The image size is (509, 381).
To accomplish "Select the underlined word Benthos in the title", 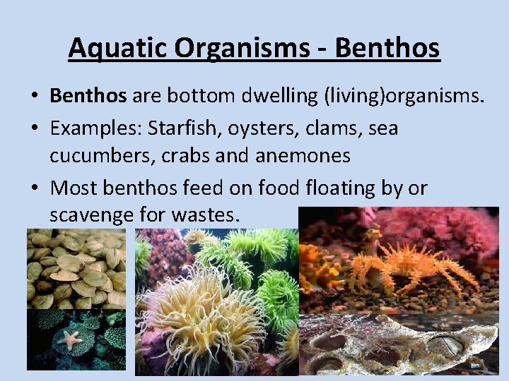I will tap(387, 49).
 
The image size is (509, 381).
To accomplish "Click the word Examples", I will tap(93, 128).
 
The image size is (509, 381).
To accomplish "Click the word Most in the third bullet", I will tap(76, 188).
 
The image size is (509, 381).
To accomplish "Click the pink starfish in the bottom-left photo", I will tap(70, 339).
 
